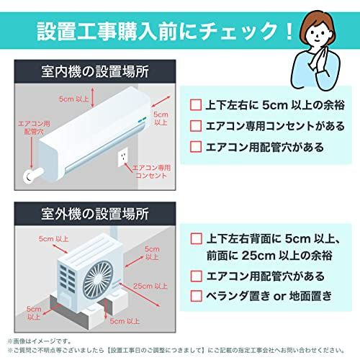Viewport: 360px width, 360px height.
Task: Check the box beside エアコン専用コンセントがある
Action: click(196, 125)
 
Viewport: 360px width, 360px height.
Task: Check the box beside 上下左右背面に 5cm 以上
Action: click(196, 238)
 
